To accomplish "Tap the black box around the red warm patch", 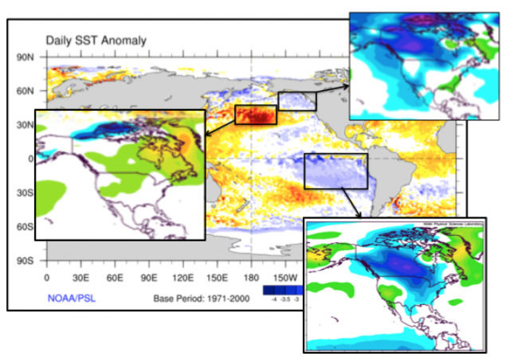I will coord(255,115).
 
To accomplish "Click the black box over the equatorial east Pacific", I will coord(335,171).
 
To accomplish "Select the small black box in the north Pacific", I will coord(296,100).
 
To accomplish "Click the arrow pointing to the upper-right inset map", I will coord(333,89).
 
